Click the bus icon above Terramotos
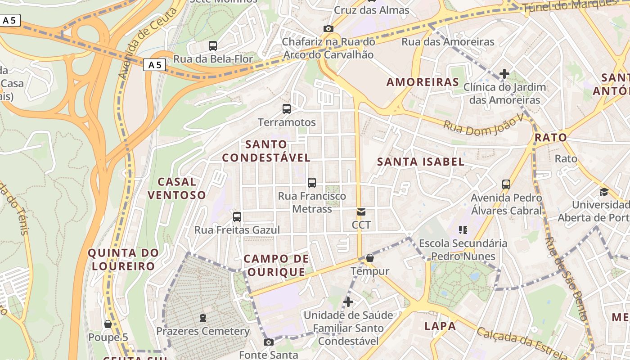tap(287, 108)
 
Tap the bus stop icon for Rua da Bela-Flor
tap(213, 45)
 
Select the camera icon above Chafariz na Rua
tap(328, 28)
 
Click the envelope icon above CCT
tap(361, 211)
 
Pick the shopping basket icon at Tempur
tap(370, 258)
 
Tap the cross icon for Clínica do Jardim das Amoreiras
tap(504, 74)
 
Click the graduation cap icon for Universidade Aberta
tap(604, 192)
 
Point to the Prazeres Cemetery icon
tap(203, 318)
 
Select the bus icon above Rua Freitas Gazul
tap(237, 217)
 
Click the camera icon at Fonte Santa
tap(269, 342)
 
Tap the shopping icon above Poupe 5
tap(108, 324)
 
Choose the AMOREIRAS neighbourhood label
tap(423, 82)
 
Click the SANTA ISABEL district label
tap(420, 162)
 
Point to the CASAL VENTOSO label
tap(177, 188)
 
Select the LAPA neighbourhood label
tap(440, 326)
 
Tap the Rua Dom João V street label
tap(484, 122)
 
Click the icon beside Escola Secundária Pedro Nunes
tap(463, 230)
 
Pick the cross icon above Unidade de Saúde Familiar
tap(348, 301)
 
